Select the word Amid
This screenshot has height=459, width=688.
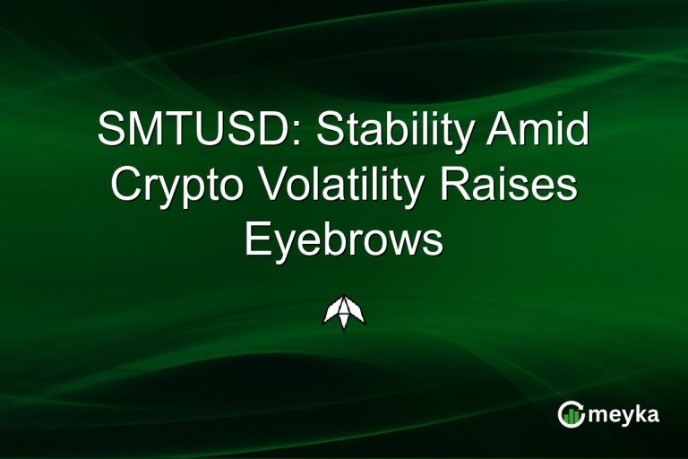coord(546,133)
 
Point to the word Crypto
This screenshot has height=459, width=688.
coord(176,186)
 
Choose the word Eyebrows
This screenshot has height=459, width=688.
coord(344,240)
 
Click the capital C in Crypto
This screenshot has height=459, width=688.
coord(125,186)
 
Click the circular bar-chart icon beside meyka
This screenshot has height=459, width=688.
coord(571,413)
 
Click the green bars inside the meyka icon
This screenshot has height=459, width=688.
coord(572,415)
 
